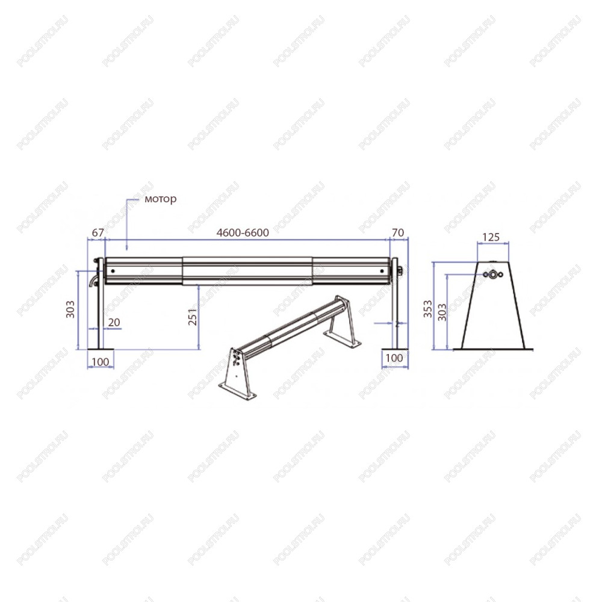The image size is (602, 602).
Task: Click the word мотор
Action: coord(161,199)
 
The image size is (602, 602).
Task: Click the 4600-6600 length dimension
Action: coord(243,232)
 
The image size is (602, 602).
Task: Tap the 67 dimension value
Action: coord(98,232)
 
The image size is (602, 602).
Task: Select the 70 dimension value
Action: coord(398,232)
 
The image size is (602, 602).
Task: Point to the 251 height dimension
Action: coord(193,317)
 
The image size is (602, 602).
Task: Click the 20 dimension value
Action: coord(114,322)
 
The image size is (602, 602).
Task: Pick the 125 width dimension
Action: coord(491,237)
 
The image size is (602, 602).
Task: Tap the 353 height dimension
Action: coord(427,309)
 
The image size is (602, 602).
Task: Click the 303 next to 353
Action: coord(442,312)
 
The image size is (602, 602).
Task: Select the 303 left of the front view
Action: coord(70,309)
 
